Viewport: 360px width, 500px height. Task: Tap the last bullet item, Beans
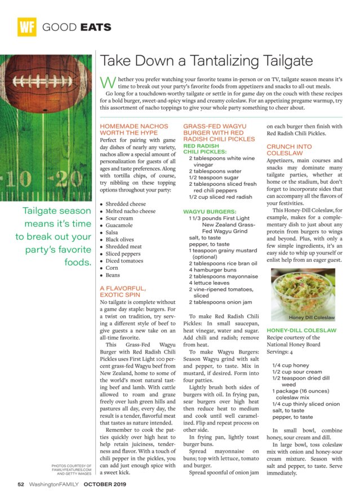[x=112, y=275]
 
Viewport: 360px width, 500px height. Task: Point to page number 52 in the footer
[x=21, y=484]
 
